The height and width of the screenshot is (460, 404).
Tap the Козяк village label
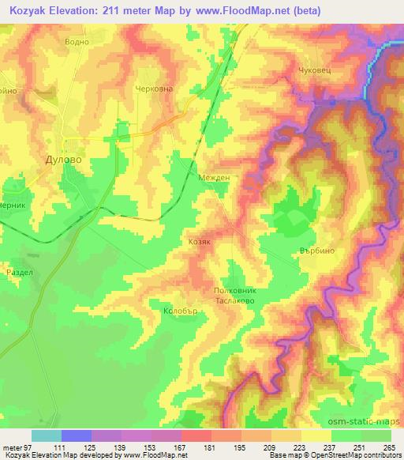click(x=200, y=244)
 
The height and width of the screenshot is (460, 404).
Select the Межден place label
click(x=214, y=179)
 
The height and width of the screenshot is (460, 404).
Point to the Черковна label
click(x=154, y=90)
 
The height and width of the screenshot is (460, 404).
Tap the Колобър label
click(x=178, y=311)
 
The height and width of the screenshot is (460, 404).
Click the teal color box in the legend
click(x=46, y=435)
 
